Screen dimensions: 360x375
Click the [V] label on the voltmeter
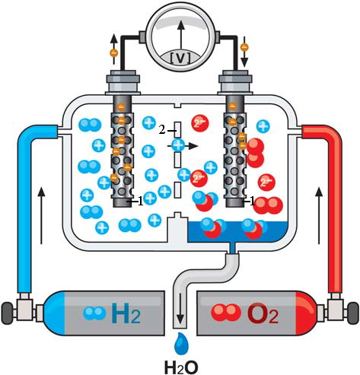pos(180,59)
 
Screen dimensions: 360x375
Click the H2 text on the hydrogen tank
pos(126,314)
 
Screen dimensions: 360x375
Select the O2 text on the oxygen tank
pos(263,314)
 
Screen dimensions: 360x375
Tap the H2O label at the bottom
pos(181,366)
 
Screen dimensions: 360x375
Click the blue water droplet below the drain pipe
pos(181,343)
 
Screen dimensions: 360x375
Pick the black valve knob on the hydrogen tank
pos(7,313)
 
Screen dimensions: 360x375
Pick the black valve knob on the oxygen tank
pos(353,313)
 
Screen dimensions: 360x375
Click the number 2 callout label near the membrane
pos(162,130)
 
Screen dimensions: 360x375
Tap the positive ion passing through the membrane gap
pos(178,145)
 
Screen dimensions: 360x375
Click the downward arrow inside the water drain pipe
pos(180,309)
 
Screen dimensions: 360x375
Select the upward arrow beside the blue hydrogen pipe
pos(42,215)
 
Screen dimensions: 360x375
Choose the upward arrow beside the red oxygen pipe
pos(319,215)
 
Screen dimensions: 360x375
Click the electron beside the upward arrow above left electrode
pos(114,53)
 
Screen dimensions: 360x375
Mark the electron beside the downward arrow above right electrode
pos(244,47)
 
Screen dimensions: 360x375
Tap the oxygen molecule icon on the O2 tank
pos(225,311)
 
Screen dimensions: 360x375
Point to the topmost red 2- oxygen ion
pos(199,123)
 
